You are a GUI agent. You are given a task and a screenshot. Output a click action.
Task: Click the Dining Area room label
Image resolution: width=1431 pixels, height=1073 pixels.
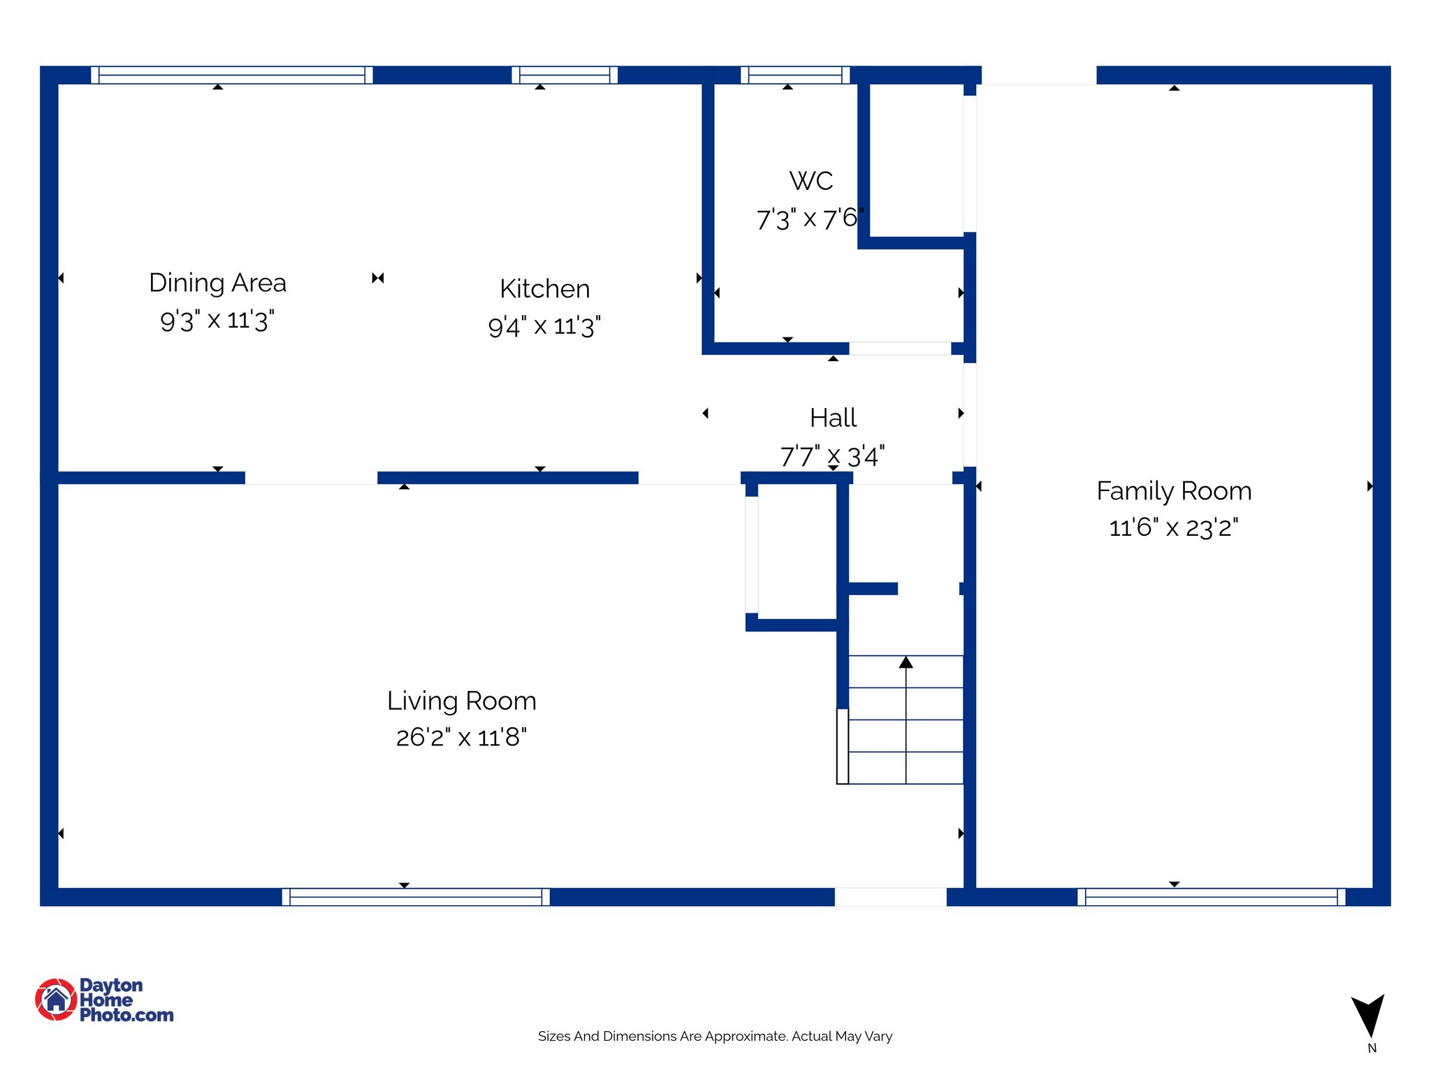[x=217, y=283]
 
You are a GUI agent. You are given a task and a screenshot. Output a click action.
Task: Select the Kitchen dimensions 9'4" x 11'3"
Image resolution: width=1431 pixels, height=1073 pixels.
[x=544, y=326]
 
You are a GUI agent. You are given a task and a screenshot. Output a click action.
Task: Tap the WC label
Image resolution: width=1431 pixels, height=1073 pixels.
[x=811, y=181]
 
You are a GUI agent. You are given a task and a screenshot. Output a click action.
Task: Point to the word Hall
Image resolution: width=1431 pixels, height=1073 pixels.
[x=833, y=418]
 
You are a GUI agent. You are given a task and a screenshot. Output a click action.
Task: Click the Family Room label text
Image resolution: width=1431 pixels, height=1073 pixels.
[x=1173, y=491]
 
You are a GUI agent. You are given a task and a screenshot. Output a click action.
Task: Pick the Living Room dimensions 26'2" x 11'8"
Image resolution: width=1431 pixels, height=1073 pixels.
[x=461, y=737]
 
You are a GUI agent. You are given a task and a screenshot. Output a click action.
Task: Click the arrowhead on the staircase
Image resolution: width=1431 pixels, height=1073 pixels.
[x=906, y=662]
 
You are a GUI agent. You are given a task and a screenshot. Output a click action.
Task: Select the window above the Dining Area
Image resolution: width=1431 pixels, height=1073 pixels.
[x=231, y=75]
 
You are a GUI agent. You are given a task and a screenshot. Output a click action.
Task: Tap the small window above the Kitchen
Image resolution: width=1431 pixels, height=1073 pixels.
[x=565, y=75]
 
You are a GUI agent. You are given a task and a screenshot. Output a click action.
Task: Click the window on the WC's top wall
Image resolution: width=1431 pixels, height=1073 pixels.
[x=795, y=75]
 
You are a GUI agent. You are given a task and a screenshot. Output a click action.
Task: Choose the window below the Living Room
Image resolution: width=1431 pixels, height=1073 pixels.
[x=416, y=897]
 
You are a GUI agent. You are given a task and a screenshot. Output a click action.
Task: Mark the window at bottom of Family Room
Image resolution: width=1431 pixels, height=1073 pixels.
[x=1211, y=897]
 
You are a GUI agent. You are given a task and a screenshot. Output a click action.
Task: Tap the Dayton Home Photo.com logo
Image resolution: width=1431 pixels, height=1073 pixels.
[x=105, y=1000]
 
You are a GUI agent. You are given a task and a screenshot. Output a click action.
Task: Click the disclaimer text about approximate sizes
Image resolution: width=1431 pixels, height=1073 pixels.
[x=715, y=1036]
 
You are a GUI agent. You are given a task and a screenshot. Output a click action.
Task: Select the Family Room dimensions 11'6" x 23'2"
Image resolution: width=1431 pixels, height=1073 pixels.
[x=1173, y=527]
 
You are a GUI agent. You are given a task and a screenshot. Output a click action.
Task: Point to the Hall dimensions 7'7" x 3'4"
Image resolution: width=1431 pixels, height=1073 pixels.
[x=832, y=457]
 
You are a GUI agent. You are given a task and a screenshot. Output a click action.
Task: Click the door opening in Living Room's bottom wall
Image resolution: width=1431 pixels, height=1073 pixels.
[x=890, y=897]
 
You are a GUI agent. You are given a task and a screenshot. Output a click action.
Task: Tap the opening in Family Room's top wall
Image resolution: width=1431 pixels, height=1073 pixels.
[x=1038, y=75]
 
